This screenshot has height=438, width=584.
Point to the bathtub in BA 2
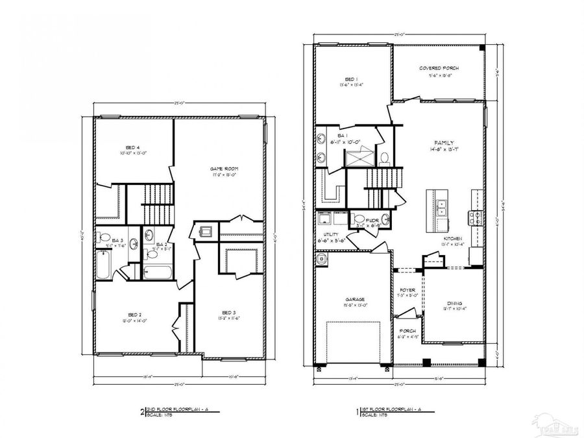coord(156,271)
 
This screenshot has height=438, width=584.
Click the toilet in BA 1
coord(384,158)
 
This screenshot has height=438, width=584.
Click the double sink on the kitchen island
coord(441,207)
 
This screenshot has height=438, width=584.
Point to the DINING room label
coord(454,302)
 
